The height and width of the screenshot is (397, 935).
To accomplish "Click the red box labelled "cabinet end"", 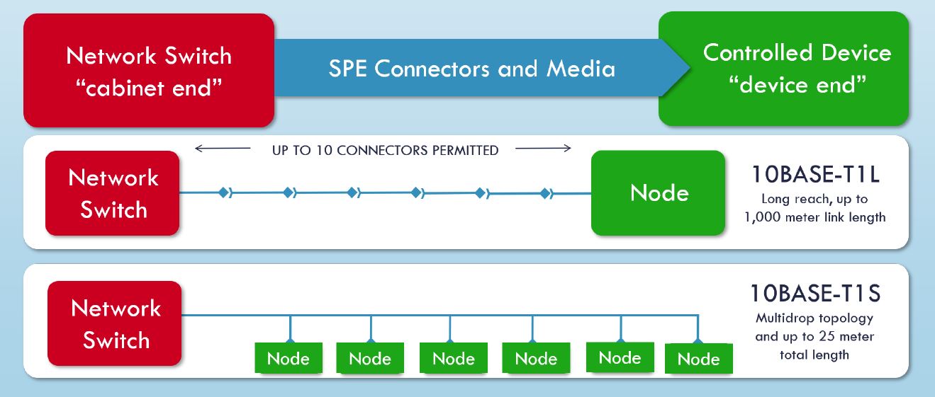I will pos(149,71).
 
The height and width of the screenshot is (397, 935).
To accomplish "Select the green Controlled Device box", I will pos(783,69).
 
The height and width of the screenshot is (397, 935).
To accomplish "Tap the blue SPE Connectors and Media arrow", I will pos(471,69).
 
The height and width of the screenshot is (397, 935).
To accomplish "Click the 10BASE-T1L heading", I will pos(815,174).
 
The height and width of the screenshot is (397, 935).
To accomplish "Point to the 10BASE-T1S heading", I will pos(814,292).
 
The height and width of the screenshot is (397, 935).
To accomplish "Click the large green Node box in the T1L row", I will pos(659,192).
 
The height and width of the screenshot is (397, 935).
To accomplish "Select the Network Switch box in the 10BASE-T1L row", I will pos(113,192).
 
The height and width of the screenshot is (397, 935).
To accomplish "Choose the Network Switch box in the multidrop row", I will pos(115,323).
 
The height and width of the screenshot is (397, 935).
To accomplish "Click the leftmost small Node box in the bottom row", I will pos(288,359).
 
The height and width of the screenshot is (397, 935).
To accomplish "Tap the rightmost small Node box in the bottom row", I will pos(698,359).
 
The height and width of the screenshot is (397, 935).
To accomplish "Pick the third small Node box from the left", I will pos(453,359).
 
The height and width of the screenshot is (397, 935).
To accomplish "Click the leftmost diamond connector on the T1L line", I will pos(224,192).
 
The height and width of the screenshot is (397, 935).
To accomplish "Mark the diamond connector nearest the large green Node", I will pos(544,192).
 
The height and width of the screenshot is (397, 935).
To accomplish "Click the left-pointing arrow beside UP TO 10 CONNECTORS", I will pos(222,149).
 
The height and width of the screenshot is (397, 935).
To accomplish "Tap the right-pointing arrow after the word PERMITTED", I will pos(543,149).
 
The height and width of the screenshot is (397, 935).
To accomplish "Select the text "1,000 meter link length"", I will pos(815,217).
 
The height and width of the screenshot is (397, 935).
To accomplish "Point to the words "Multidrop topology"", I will pos(814,318).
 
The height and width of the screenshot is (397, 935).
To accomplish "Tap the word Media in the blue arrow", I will pos(580,69).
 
